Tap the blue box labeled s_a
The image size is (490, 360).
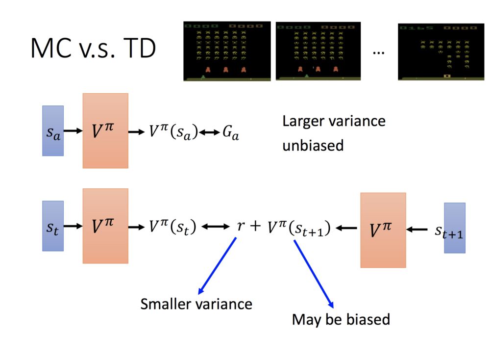[x=53, y=131]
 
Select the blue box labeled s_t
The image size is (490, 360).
[x=53, y=226]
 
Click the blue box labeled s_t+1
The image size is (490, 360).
[x=454, y=228]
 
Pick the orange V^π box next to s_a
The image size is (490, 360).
[x=105, y=131]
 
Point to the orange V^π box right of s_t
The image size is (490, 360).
[x=105, y=226]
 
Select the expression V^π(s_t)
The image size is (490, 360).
[x=172, y=227]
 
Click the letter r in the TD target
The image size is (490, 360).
[x=240, y=227]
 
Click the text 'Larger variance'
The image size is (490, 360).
[x=334, y=121]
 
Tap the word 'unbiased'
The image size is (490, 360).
[x=313, y=145]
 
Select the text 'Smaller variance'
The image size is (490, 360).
[x=196, y=304]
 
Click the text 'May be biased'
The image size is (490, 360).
[x=341, y=320]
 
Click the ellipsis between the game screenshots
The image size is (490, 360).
[x=378, y=52]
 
